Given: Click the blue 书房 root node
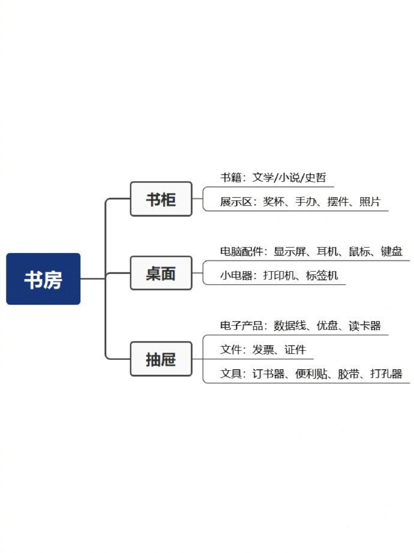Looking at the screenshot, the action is (x=43, y=279).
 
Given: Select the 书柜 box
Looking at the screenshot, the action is (x=161, y=199).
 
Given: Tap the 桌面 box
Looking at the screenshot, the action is (x=161, y=274).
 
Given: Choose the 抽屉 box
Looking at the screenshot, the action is (x=161, y=359).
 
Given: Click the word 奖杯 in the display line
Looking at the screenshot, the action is (x=273, y=202).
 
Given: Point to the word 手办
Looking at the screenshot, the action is (x=305, y=202).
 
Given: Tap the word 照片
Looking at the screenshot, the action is (x=370, y=202).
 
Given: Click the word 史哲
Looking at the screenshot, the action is (x=315, y=178).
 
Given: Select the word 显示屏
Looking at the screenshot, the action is (x=289, y=251).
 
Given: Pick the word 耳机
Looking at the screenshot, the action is (x=327, y=251).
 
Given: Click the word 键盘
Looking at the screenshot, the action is (x=391, y=251).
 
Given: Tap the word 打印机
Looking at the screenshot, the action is (x=279, y=275).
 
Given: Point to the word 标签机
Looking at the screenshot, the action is (x=322, y=275).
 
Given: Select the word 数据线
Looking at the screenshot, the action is (x=289, y=326).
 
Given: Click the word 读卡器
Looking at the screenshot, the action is (x=365, y=326).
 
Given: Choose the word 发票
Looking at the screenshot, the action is (x=263, y=350).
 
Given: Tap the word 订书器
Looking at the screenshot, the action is (x=268, y=374).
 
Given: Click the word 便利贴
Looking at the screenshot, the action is (x=311, y=374).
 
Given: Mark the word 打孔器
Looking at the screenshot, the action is (x=386, y=374).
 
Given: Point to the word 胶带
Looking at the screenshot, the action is (x=349, y=374).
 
